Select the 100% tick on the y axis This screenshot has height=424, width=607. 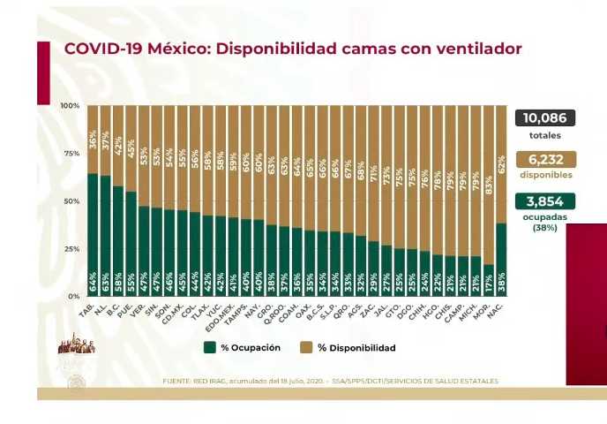coord(70,106)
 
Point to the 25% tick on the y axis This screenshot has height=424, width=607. coord(71,249)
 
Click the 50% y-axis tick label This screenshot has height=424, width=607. coord(71,201)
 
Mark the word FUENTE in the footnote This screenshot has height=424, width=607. coord(179,381)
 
